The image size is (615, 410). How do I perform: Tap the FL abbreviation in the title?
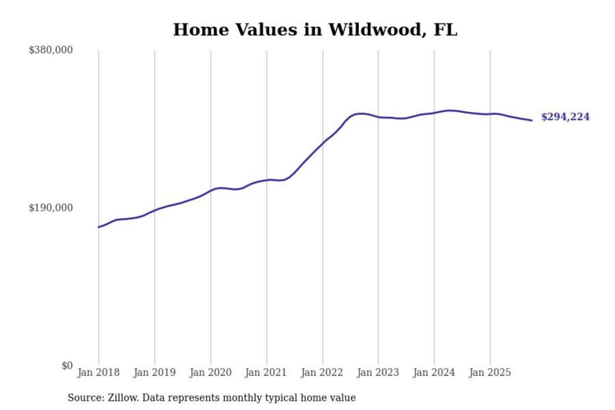(x=445, y=30)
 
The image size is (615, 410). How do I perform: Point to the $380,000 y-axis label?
(x=51, y=50)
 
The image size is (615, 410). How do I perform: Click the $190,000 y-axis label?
(x=51, y=208)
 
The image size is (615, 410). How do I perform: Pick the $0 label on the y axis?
(x=67, y=366)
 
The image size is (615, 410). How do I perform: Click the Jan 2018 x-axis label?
(x=98, y=372)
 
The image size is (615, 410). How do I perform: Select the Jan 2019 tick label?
(x=154, y=372)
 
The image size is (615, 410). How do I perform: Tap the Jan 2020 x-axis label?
(x=210, y=372)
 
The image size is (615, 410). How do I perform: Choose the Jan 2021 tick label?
(x=266, y=372)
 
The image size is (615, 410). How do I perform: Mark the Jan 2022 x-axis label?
(x=322, y=372)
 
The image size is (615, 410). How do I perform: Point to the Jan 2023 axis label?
(x=378, y=372)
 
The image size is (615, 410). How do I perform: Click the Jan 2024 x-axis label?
(x=433, y=372)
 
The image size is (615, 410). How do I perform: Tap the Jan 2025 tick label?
(x=489, y=372)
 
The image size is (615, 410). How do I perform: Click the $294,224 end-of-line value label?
(x=565, y=117)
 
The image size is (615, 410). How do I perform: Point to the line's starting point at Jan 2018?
(x=99, y=227)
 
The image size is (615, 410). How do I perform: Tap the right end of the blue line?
(x=532, y=120)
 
